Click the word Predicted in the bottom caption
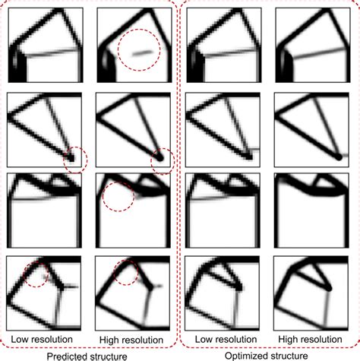[x=67, y=354]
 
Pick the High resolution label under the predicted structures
[x=131, y=337]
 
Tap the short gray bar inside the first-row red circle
[x=140, y=52]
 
